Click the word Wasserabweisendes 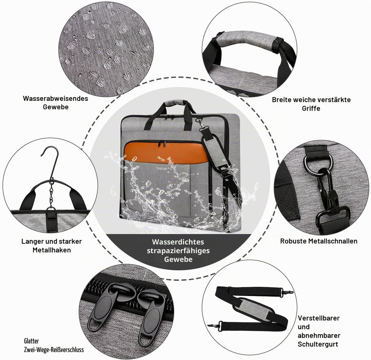tap(55, 99)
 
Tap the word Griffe tap(311, 108)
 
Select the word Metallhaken tap(52, 250)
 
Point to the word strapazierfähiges tap(178, 251)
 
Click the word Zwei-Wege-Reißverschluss tap(54, 350)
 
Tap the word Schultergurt tap(318, 345)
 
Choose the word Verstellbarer tap(318, 318)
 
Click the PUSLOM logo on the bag tap(161, 168)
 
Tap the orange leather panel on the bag tap(166, 152)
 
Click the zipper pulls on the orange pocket tap(162, 144)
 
